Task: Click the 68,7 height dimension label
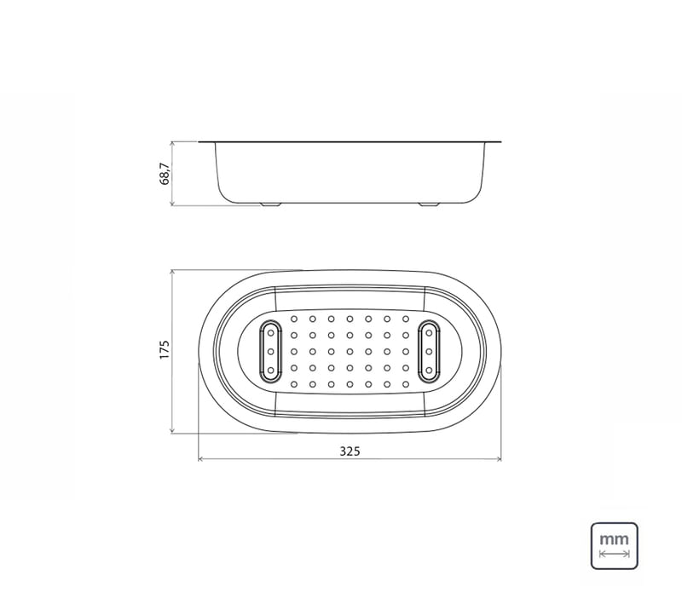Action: pyautogui.click(x=165, y=174)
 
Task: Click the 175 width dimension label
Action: pyautogui.click(x=165, y=350)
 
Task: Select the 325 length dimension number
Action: pyautogui.click(x=350, y=451)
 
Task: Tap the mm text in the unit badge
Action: pyautogui.click(x=614, y=539)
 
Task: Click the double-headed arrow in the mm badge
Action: pyautogui.click(x=614, y=554)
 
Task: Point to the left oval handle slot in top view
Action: pyautogui.click(x=270, y=352)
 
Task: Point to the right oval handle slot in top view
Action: pyautogui.click(x=430, y=352)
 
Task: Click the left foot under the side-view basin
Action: pyautogui.click(x=270, y=204)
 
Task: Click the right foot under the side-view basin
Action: pyautogui.click(x=429, y=204)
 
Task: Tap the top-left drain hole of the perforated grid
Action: pyautogui.click(x=294, y=319)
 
